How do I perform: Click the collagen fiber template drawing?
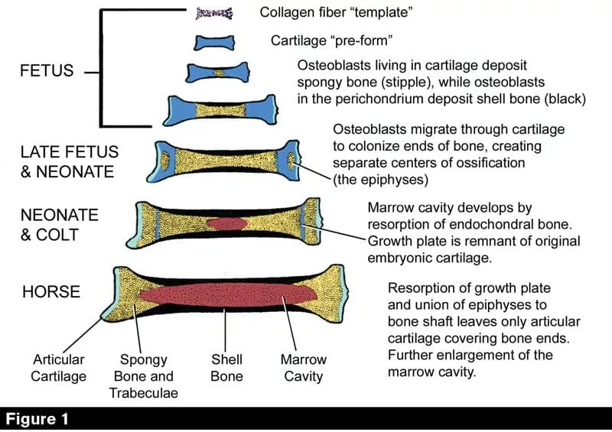tap(213, 13)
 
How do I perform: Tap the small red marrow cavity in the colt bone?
tap(227, 223)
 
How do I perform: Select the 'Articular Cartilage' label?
tap(59, 368)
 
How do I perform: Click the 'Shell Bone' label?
tap(226, 368)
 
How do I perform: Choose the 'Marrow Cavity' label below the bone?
tap(303, 368)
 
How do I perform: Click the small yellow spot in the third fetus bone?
tap(220, 73)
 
